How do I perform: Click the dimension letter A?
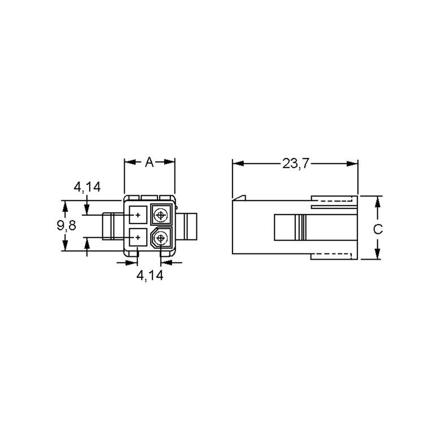click(x=150, y=162)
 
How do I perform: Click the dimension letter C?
click(x=378, y=229)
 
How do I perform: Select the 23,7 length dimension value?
click(x=295, y=164)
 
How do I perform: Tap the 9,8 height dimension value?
click(x=67, y=226)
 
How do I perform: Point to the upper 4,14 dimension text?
click(x=87, y=187)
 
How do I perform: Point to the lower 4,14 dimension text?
click(x=150, y=276)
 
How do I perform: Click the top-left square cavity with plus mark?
click(x=138, y=215)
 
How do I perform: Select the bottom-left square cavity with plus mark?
click(x=138, y=237)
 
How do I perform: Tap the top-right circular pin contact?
click(x=161, y=215)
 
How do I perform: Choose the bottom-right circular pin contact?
click(x=161, y=238)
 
